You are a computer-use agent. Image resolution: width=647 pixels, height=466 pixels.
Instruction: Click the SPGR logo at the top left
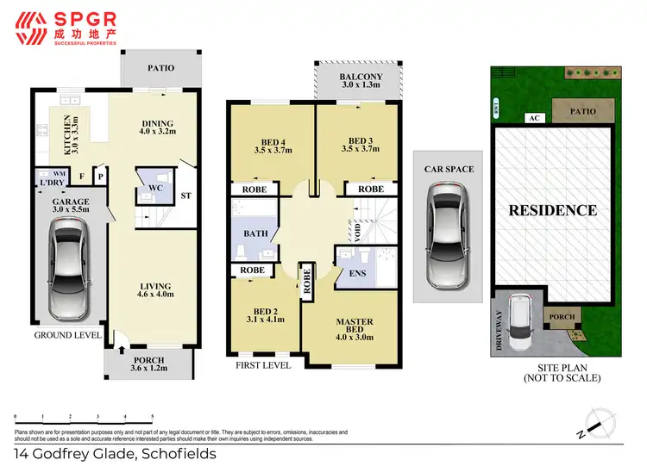click(x=66, y=27)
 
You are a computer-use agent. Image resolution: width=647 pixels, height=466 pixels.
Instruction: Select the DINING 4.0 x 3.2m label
click(x=157, y=128)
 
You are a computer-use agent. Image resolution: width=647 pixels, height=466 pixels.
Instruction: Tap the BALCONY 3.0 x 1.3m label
click(x=360, y=81)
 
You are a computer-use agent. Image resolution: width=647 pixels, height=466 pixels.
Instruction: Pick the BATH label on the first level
click(x=256, y=233)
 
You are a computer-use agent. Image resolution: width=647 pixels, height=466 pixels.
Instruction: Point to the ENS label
click(x=355, y=276)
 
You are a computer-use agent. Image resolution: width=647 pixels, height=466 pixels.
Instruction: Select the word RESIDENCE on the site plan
click(x=552, y=209)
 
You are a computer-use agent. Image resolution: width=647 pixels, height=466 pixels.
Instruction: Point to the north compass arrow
click(x=596, y=423)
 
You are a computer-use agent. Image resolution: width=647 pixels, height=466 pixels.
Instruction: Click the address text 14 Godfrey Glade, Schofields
click(x=116, y=452)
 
